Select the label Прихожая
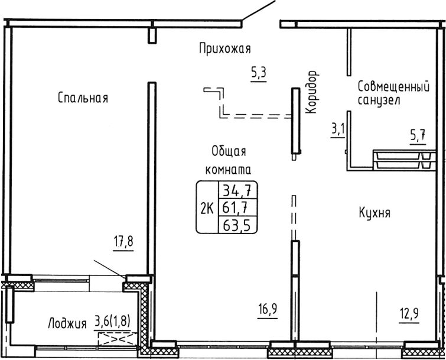pos(224,49)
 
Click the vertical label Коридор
pos(312,92)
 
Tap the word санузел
pos(379,100)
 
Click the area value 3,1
pos(338,128)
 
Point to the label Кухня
pos(374,213)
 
